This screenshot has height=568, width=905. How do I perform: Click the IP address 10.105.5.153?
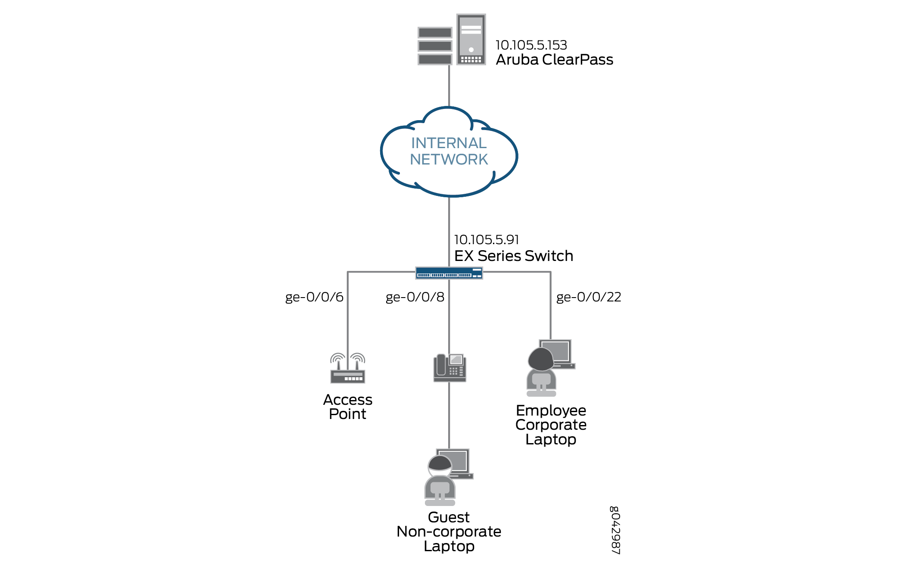point(531,45)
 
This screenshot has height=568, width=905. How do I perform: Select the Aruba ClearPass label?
point(554,59)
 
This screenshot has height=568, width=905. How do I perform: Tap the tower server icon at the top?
point(471,39)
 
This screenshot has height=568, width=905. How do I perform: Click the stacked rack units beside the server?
point(435,46)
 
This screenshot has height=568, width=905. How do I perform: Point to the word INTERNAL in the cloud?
point(449,143)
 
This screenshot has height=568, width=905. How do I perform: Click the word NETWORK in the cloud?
point(449,159)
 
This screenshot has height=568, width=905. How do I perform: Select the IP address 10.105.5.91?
point(487,239)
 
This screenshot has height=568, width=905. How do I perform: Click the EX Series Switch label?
point(514,256)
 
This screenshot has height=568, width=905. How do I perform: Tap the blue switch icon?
point(449,273)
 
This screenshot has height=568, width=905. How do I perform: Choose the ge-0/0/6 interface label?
point(314,297)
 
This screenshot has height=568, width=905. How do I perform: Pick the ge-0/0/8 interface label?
point(415,297)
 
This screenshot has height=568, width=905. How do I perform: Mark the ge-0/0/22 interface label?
point(589,297)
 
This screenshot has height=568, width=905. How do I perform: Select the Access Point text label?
point(348,407)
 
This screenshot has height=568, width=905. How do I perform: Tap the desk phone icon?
point(449,368)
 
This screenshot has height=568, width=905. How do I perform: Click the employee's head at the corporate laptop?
point(541,358)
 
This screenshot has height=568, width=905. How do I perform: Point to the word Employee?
point(551,410)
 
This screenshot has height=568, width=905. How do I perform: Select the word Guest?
point(449,517)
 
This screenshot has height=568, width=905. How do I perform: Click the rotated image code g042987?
point(615,530)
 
